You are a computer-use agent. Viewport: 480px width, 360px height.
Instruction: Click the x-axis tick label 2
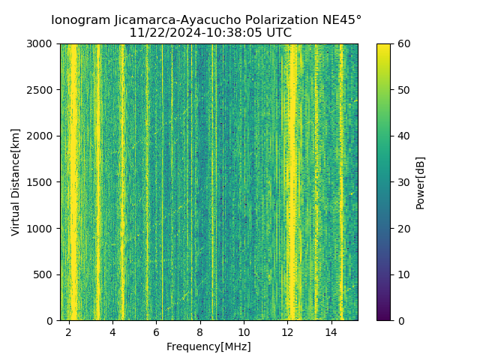click(69, 331)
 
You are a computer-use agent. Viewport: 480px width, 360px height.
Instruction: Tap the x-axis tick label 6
click(156, 331)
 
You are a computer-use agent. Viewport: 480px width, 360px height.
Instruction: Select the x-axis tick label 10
click(244, 331)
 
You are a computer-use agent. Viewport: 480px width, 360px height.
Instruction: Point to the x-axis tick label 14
click(331, 331)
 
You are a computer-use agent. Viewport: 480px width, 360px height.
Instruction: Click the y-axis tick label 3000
click(41, 44)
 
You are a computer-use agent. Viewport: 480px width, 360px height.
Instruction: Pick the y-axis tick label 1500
click(41, 182)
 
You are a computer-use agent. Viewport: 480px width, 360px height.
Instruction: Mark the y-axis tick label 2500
click(41, 90)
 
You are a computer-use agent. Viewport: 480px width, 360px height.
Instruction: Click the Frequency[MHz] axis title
click(208, 346)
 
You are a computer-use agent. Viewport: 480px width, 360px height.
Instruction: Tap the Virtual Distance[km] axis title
click(16, 182)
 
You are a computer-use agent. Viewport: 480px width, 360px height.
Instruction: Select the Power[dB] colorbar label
click(421, 182)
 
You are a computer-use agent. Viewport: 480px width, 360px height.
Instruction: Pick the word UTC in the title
click(277, 33)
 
